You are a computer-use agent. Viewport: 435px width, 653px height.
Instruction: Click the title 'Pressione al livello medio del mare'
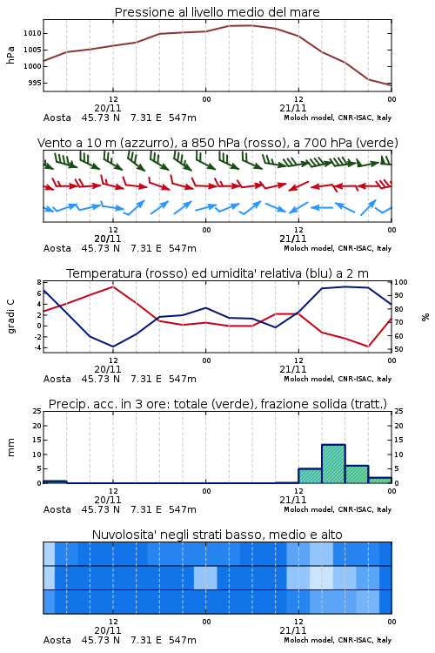tap(217, 12)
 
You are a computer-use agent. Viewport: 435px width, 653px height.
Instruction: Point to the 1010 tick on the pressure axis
tap(32, 33)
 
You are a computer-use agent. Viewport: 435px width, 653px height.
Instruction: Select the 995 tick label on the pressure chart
tap(35, 83)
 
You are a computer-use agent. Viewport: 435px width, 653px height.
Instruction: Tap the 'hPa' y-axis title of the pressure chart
tap(10, 55)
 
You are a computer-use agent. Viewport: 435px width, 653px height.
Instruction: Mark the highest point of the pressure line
tap(251, 25)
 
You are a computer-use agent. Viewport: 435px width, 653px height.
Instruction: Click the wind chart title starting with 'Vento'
tap(217, 143)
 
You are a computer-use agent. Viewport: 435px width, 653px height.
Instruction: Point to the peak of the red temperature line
tap(113, 286)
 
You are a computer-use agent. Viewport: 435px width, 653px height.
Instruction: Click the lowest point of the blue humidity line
tap(113, 347)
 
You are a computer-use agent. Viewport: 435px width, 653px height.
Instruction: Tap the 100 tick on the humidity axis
tap(401, 282)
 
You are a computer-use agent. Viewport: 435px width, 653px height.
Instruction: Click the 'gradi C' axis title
tap(10, 316)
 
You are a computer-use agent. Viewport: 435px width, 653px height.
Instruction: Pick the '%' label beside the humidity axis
tap(425, 317)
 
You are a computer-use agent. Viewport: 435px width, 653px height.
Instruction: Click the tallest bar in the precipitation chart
tap(333, 464)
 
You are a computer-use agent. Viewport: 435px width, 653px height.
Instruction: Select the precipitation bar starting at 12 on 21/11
tap(310, 476)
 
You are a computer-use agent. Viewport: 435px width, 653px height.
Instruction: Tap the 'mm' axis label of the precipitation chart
tap(10, 448)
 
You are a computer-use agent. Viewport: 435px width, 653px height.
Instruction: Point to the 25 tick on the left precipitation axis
tap(37, 411)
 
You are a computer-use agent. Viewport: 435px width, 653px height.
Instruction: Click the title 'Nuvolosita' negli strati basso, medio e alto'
tap(217, 535)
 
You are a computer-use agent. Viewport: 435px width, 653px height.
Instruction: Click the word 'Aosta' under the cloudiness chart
tap(57, 640)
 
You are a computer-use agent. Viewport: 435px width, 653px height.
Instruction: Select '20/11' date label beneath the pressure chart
tap(108, 108)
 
